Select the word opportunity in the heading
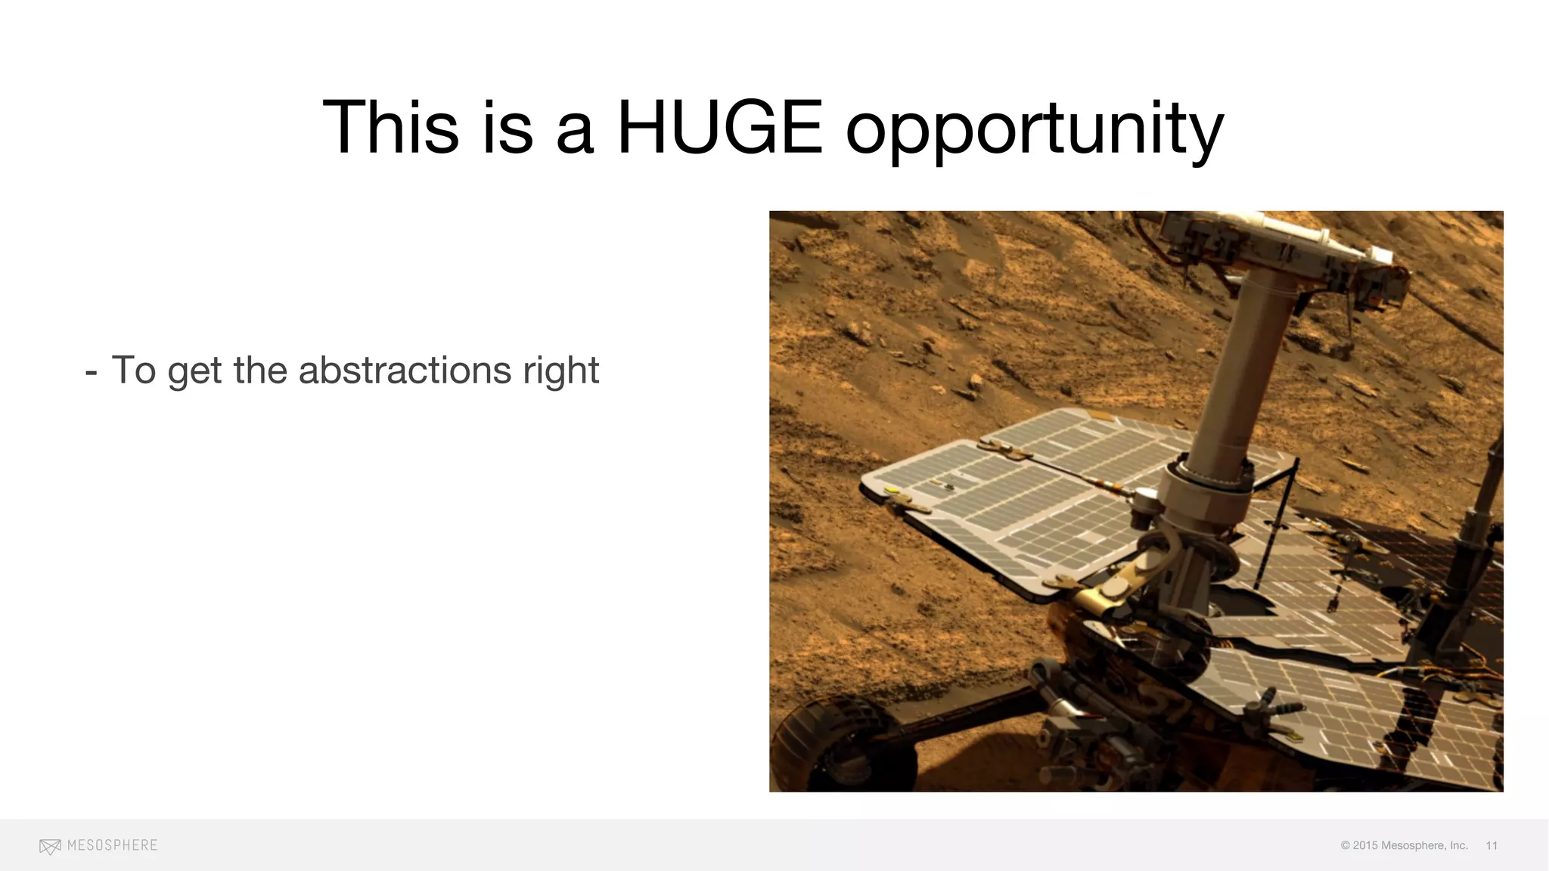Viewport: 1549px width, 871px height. (x=1034, y=130)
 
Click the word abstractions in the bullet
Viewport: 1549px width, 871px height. (x=405, y=370)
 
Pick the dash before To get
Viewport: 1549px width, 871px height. (x=92, y=372)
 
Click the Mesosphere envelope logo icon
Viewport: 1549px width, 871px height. (x=50, y=847)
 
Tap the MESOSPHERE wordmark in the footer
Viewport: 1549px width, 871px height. (x=112, y=845)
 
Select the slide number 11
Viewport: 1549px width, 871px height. (x=1492, y=845)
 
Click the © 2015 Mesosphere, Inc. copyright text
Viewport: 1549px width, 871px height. (x=1404, y=845)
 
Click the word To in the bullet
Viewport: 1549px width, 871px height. (x=134, y=370)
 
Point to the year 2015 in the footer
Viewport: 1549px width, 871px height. (x=1365, y=845)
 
